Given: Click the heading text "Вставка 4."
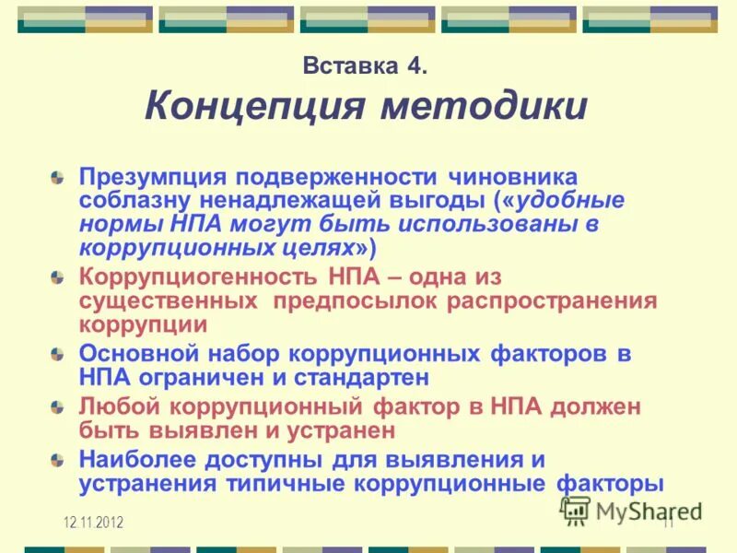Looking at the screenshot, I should click(x=365, y=66).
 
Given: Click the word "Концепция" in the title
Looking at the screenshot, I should click(x=250, y=106).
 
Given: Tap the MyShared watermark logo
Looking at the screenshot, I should click(x=630, y=509).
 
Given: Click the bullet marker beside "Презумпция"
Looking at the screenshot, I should click(x=57, y=175).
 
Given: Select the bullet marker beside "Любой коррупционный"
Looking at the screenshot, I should click(x=57, y=406).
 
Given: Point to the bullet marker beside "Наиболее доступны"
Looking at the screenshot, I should click(x=57, y=458).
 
